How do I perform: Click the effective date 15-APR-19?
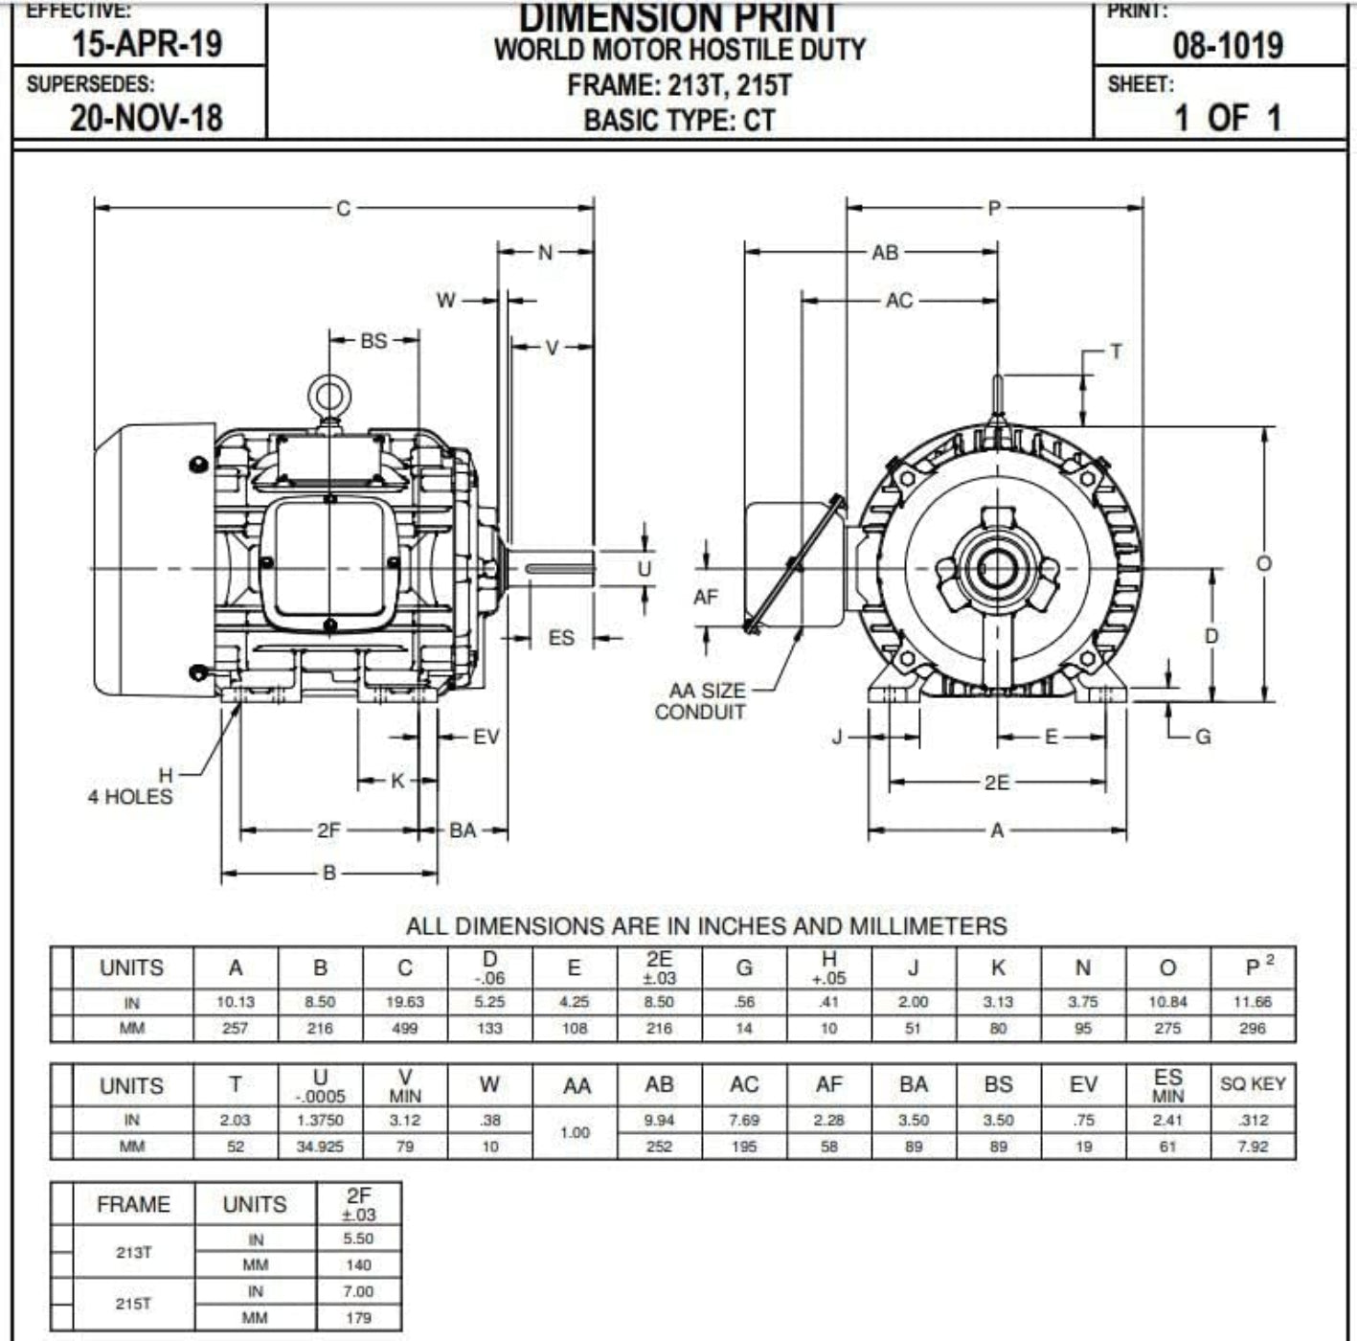pyautogui.click(x=147, y=43)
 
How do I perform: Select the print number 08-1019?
pyautogui.click(x=1228, y=45)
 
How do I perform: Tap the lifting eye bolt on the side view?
pyautogui.click(x=329, y=396)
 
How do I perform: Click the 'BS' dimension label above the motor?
pyautogui.click(x=373, y=340)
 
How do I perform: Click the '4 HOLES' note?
pyautogui.click(x=130, y=797)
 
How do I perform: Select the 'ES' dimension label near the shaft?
pyautogui.click(x=561, y=638)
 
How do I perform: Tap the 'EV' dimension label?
pyautogui.click(x=486, y=737)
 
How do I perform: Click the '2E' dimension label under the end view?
pyautogui.click(x=997, y=783)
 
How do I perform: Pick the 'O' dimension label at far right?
pyautogui.click(x=1264, y=563)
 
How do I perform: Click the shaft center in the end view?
pyautogui.click(x=997, y=569)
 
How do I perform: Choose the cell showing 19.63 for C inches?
pyautogui.click(x=404, y=1002)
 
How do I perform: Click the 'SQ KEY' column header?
pyautogui.click(x=1253, y=1084)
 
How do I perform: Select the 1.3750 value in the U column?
pyautogui.click(x=320, y=1120)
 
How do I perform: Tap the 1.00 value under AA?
pyautogui.click(x=575, y=1132)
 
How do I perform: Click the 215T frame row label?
pyautogui.click(x=133, y=1304)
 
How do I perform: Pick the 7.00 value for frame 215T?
pyautogui.click(x=358, y=1291)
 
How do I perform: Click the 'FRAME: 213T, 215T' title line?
pyautogui.click(x=679, y=85)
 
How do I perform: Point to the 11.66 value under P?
pyautogui.click(x=1252, y=1002)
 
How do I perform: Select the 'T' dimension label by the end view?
pyautogui.click(x=1116, y=352)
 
